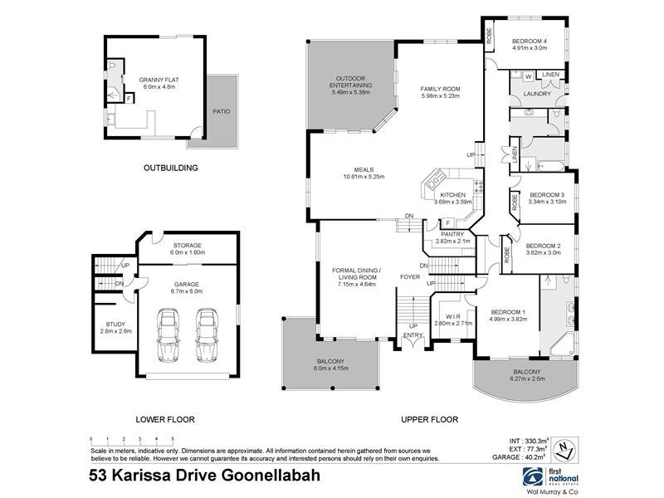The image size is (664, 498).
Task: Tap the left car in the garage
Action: click(169, 335)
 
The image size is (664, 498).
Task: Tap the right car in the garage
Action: click(206, 335)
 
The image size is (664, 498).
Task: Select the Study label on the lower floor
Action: click(114, 325)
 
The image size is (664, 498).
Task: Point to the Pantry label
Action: click(453, 234)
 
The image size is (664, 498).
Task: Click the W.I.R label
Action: click(452, 315)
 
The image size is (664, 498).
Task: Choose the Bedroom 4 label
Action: click(529, 41)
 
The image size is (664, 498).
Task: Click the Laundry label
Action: click(538, 94)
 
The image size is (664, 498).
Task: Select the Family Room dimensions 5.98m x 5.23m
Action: click(440, 96)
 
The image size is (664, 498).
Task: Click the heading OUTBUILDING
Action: click(170, 168)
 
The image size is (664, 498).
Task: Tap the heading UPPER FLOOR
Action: click(430, 419)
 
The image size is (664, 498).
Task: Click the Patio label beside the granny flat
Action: click(221, 110)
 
